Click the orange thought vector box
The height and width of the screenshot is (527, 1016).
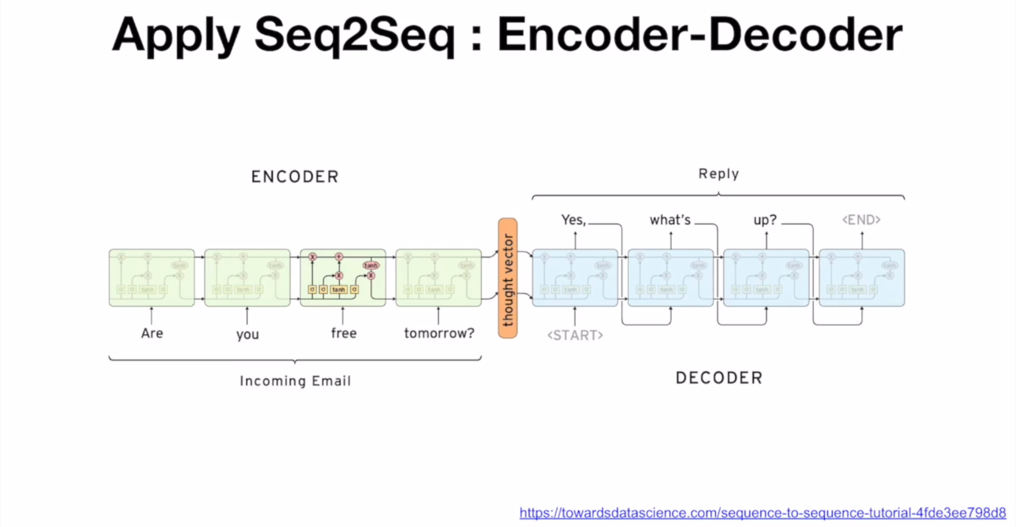(508, 278)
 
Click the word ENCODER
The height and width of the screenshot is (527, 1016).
(295, 177)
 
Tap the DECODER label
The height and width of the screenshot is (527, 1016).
(719, 378)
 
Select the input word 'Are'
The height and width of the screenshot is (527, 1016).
(152, 333)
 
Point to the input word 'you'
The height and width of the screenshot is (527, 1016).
(247, 334)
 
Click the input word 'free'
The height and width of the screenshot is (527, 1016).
(344, 333)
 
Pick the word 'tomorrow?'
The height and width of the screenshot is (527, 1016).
(439, 333)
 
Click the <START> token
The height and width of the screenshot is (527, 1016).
(575, 335)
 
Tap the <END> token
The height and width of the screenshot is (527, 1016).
(861, 220)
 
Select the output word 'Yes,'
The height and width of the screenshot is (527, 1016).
(574, 220)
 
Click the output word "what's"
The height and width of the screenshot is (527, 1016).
(670, 220)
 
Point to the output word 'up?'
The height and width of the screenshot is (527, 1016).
(765, 220)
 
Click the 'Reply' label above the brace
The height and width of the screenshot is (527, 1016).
(719, 174)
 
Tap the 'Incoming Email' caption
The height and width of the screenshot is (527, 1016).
(295, 381)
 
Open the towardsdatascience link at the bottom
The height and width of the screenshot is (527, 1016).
(762, 513)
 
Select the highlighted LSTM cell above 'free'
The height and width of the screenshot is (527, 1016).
(343, 278)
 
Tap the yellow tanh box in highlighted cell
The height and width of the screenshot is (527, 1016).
(338, 290)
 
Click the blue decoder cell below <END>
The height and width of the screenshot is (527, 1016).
(862, 278)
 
